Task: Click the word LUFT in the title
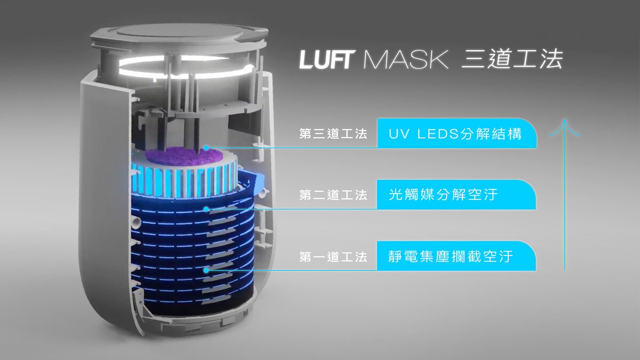(327, 60)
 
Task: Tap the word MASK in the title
(405, 60)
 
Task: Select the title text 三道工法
(513, 59)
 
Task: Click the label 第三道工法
(333, 134)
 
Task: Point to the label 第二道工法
(333, 195)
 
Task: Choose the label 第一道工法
(333, 257)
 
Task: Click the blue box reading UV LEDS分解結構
(457, 133)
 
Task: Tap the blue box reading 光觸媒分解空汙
(457, 195)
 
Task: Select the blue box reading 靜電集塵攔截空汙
(457, 256)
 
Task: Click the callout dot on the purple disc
(206, 148)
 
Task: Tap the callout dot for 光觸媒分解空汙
(206, 209)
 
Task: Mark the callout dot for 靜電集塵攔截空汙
(206, 270)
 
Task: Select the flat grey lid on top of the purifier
(179, 34)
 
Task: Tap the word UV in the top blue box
(398, 134)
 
